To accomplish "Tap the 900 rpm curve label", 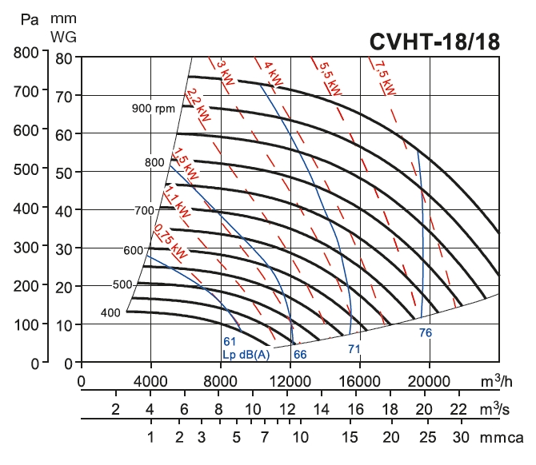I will coord(153,108).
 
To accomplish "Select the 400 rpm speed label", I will coord(111,312).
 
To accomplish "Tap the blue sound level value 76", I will coord(426,333).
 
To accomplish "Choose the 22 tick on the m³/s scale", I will coord(458,409).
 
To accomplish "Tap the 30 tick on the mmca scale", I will coord(461,437).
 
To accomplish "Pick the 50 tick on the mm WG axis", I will coord(63,172).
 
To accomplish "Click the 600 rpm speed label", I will coord(133,251).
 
